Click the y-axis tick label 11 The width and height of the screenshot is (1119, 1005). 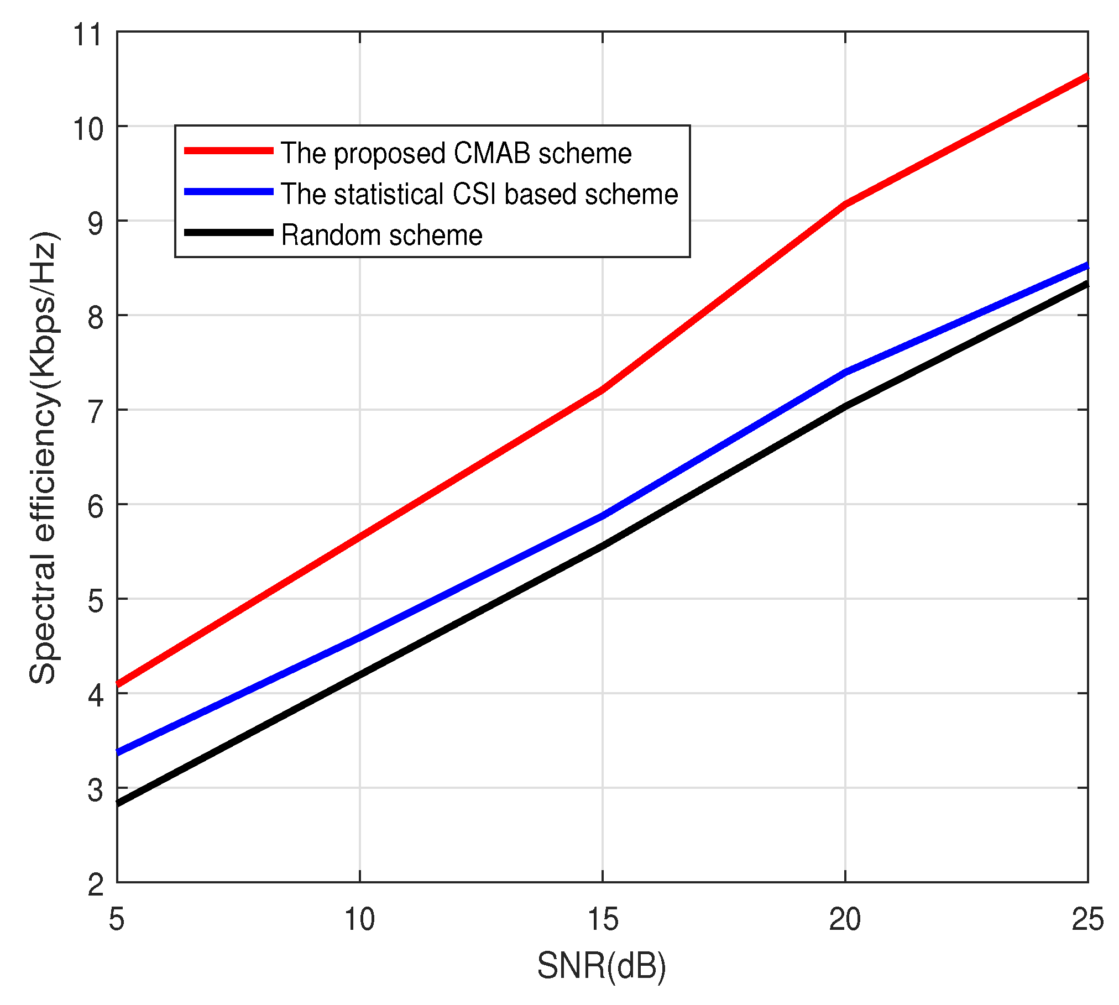(88, 34)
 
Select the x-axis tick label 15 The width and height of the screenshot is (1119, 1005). (602, 920)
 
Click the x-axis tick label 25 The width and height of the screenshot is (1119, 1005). (1087, 920)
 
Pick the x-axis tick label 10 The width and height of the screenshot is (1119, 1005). (359, 920)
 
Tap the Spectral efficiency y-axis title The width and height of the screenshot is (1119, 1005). (43, 458)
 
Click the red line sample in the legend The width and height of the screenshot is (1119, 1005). (229, 150)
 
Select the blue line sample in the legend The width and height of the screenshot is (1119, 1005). (229, 192)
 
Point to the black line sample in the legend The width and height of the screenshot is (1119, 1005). (229, 233)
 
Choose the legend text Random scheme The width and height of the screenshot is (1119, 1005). (381, 235)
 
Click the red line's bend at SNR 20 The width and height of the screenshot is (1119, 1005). (845, 204)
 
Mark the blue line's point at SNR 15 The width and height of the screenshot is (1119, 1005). (602, 516)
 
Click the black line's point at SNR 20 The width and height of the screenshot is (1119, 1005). (845, 407)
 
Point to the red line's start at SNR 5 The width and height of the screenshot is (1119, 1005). (118, 684)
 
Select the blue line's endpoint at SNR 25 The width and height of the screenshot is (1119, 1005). (1086, 266)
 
